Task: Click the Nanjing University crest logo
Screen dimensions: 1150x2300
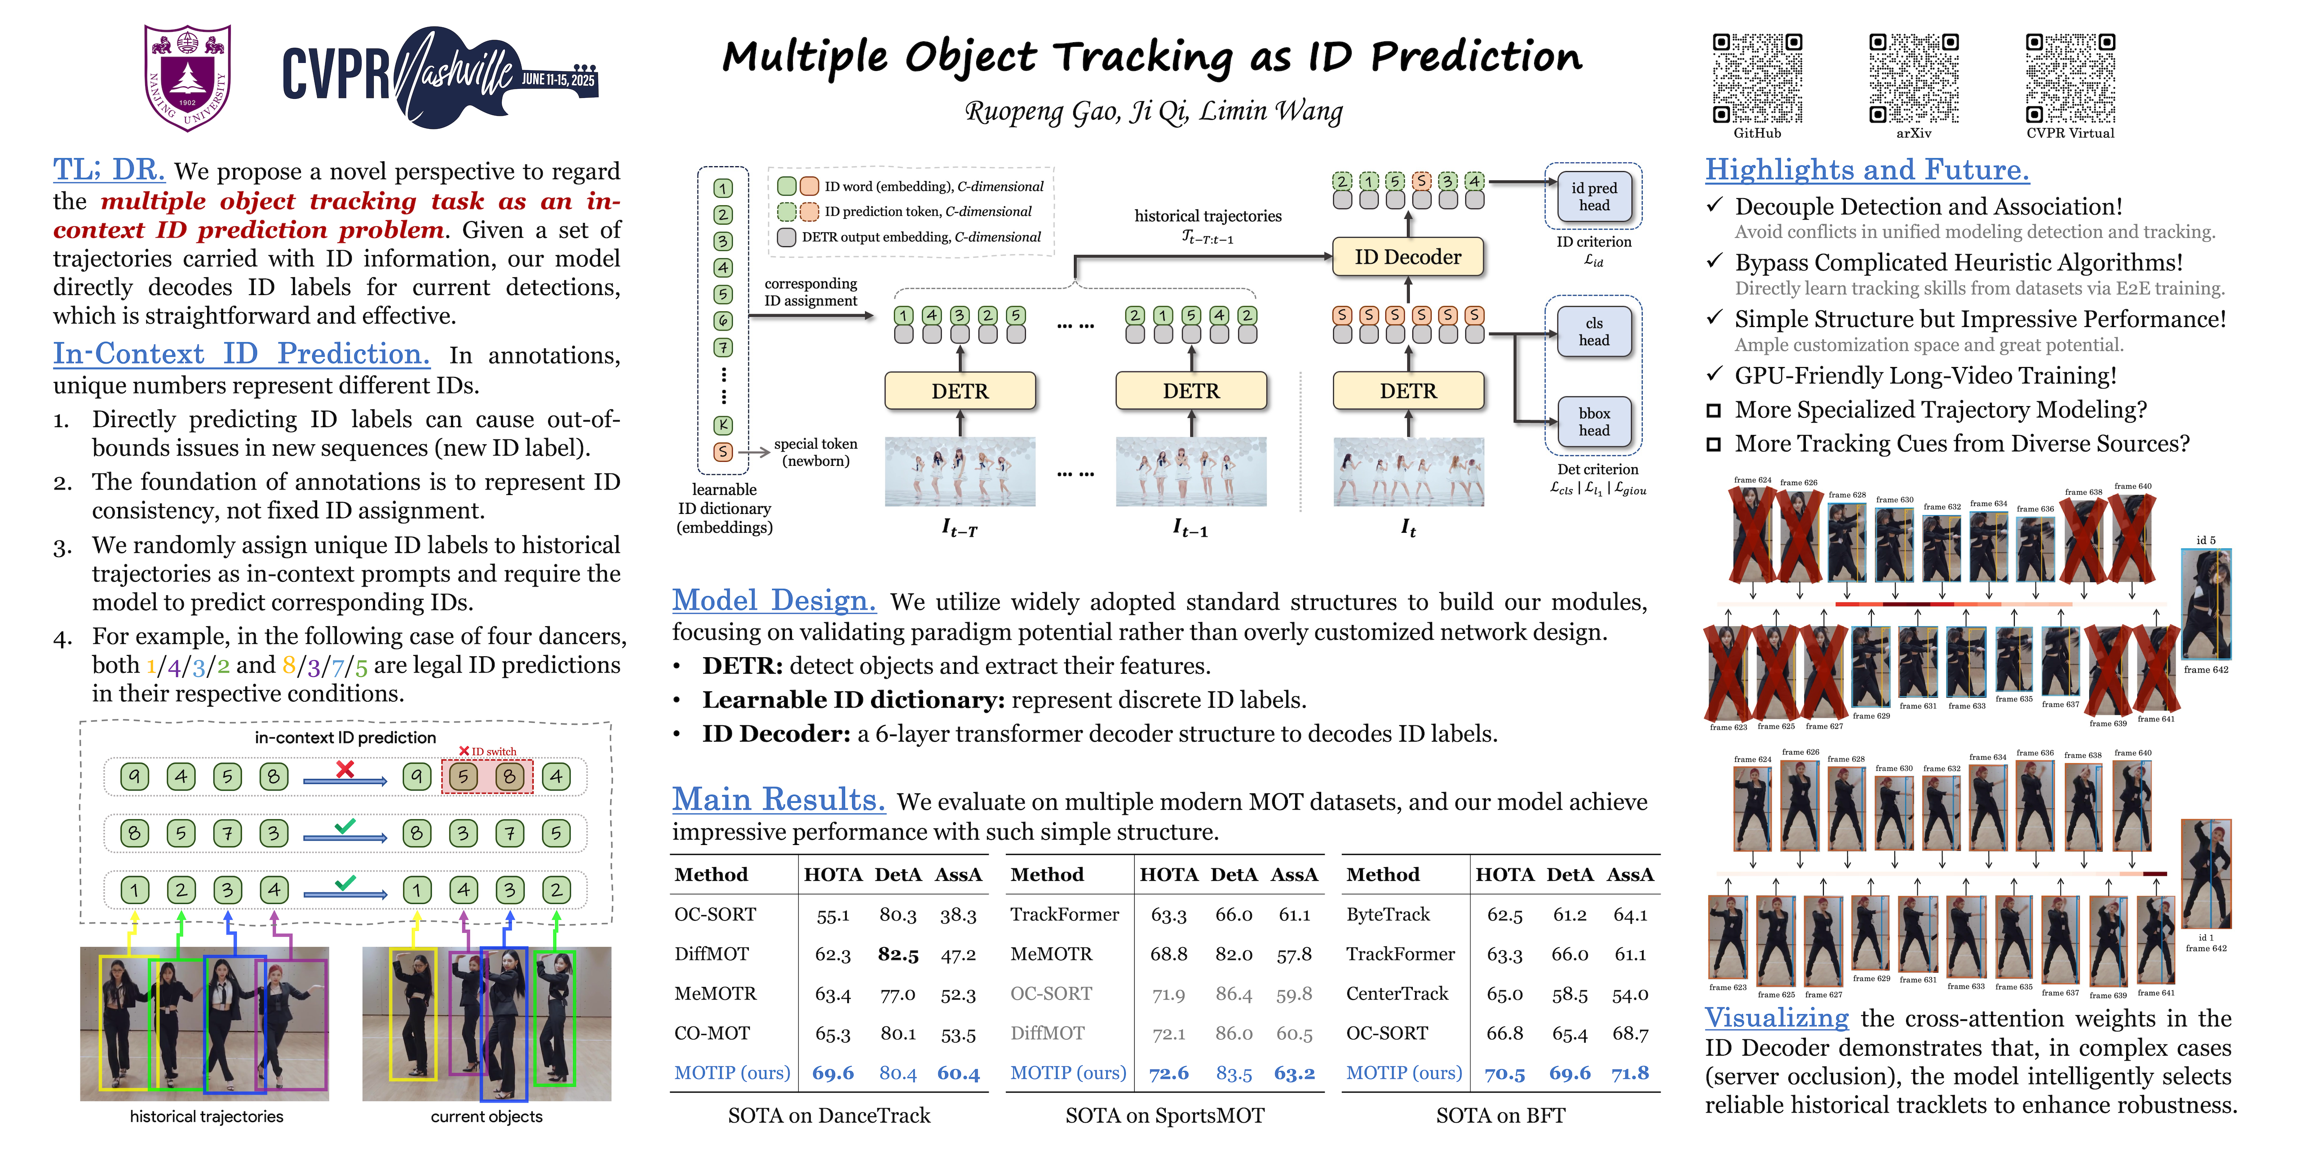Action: click(x=187, y=78)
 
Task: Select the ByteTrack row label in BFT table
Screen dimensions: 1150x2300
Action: click(x=1388, y=914)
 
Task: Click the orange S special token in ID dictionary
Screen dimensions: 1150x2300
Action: click(x=723, y=452)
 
